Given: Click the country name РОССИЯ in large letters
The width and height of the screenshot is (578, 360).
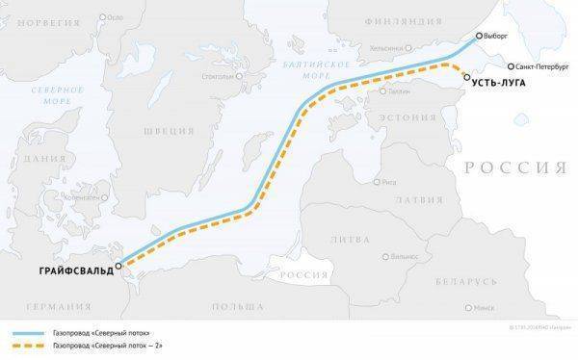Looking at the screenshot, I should pyautogui.click(x=514, y=167).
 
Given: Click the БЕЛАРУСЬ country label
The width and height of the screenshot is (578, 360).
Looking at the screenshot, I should pyautogui.click(x=464, y=281).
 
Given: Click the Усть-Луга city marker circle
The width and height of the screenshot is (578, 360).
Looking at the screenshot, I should pyautogui.click(x=466, y=76).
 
